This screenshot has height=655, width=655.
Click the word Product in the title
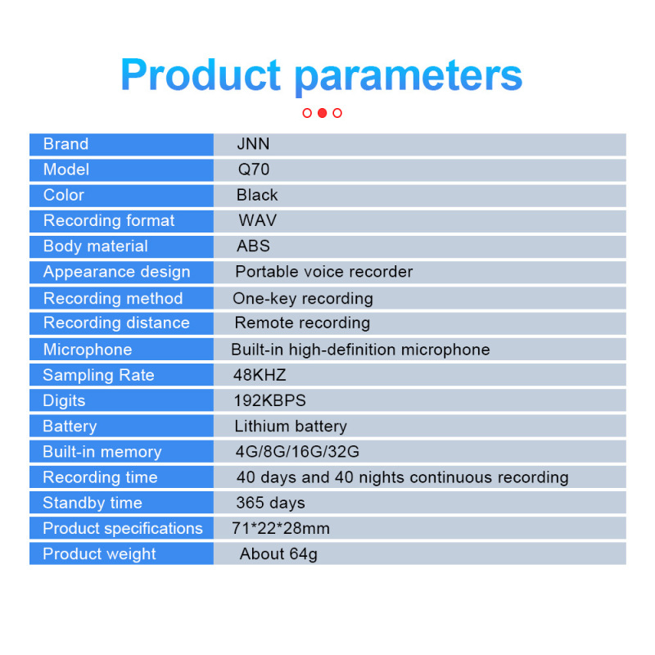click(x=201, y=75)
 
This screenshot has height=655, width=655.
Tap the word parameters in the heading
click(x=409, y=78)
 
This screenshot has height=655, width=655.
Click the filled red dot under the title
click(x=322, y=113)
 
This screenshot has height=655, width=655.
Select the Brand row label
click(x=66, y=144)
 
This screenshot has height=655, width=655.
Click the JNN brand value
click(x=253, y=144)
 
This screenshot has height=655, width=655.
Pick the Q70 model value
click(x=254, y=169)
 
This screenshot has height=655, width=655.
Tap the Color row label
click(x=64, y=195)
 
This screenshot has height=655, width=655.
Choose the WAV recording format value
click(x=257, y=220)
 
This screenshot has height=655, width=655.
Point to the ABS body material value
click(x=253, y=246)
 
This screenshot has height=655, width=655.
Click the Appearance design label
click(x=116, y=273)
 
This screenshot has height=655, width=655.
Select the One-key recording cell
click(x=302, y=299)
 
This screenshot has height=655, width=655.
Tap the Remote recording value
click(x=302, y=323)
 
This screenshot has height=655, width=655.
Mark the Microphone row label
click(x=88, y=350)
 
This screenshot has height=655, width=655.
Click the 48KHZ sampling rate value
click(x=260, y=375)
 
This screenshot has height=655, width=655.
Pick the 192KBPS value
click(x=270, y=400)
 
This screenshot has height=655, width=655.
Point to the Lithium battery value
click(x=291, y=427)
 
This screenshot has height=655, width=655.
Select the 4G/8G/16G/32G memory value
click(x=297, y=452)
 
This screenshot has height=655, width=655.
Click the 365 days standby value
click(x=271, y=504)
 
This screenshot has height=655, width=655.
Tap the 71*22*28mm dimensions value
click(x=281, y=528)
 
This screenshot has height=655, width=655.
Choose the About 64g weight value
click(x=278, y=555)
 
